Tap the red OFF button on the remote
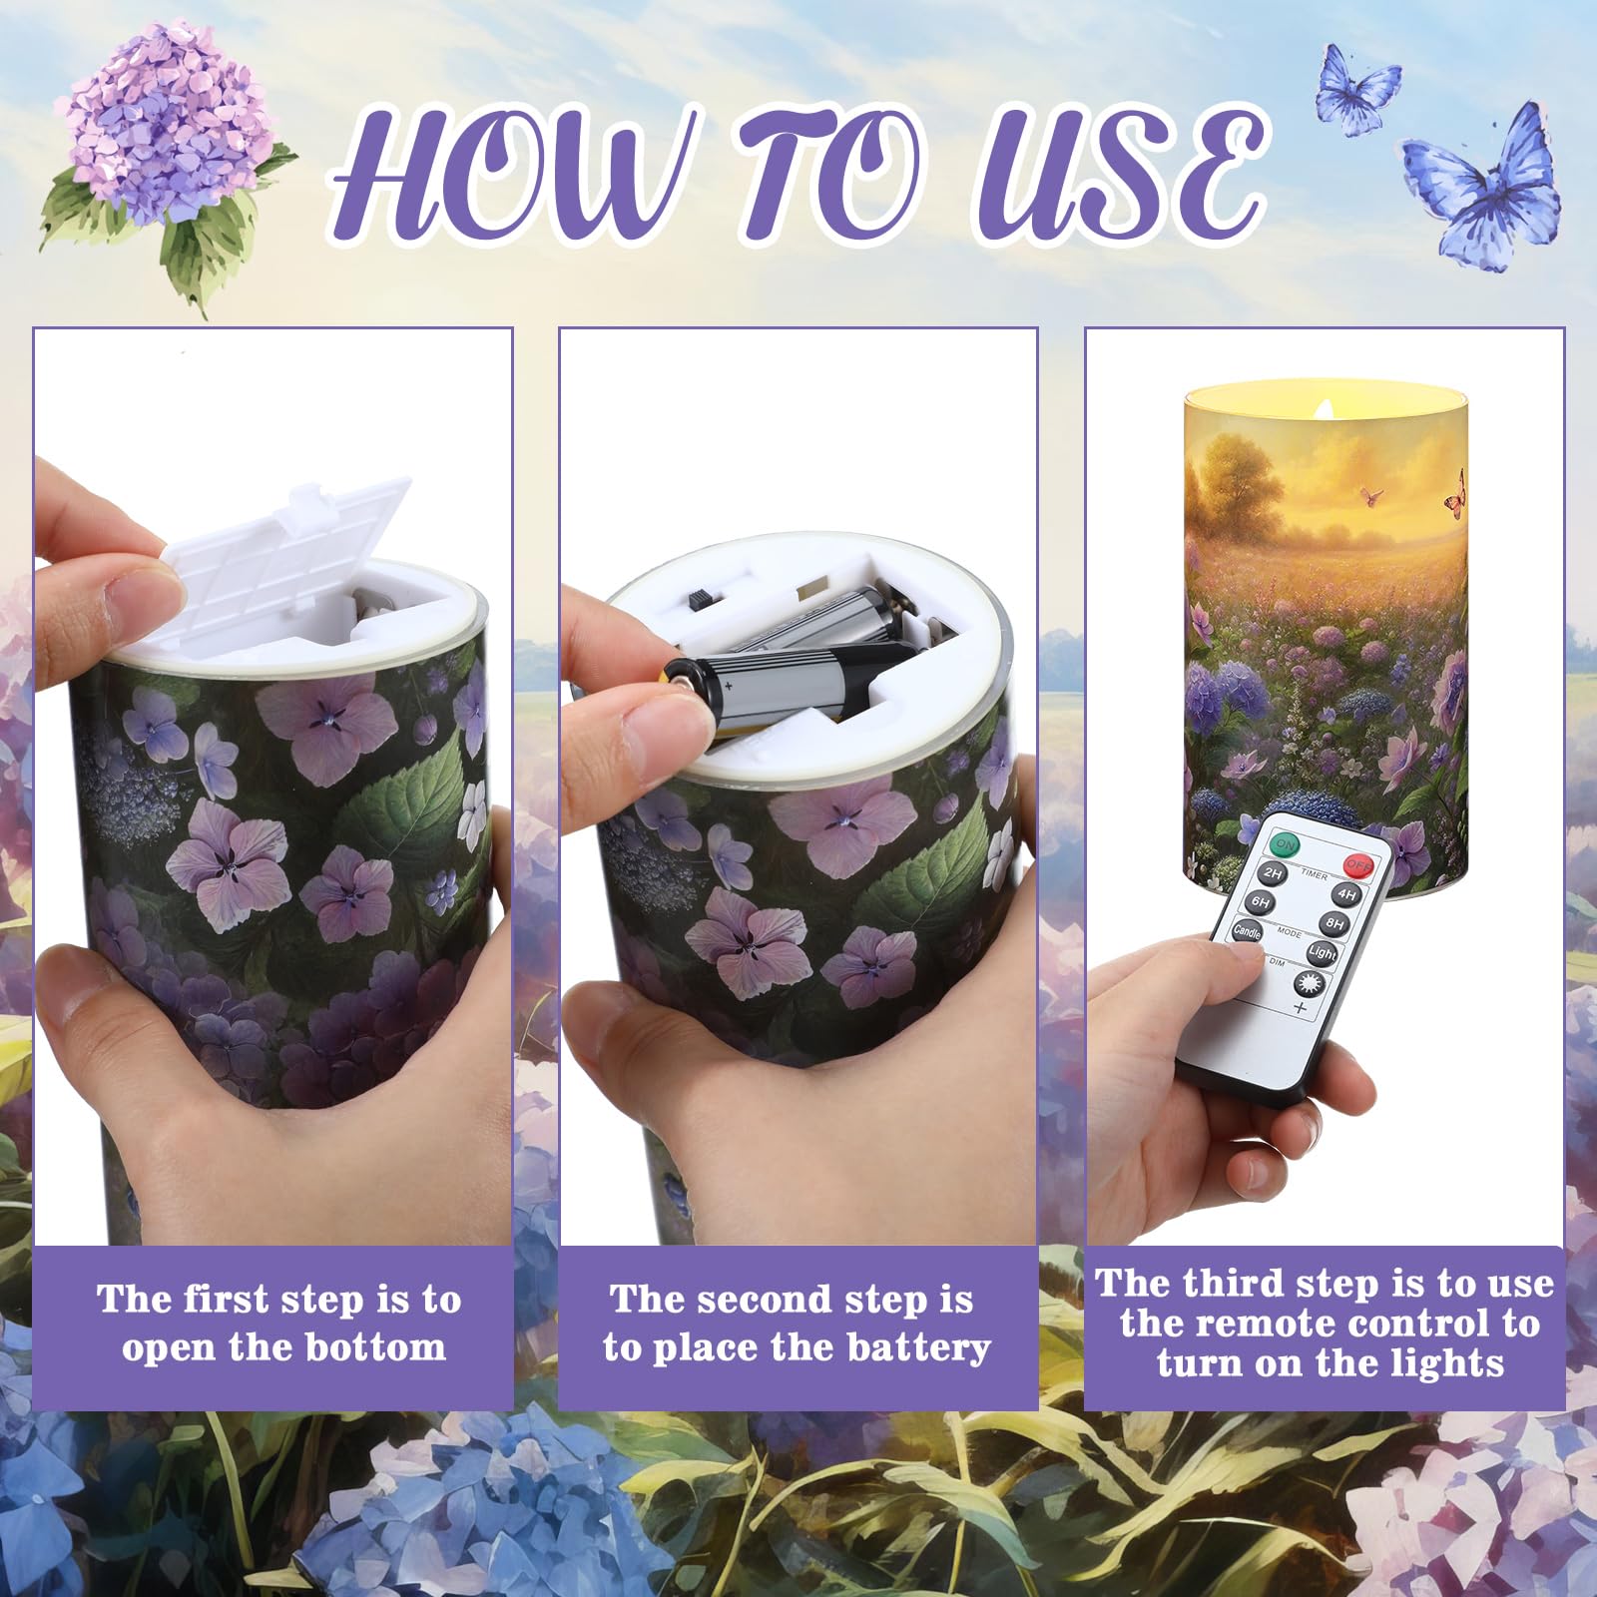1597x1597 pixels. [1357, 864]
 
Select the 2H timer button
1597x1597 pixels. [1273, 873]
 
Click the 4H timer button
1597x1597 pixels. [1347, 894]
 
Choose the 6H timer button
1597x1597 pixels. [1261, 902]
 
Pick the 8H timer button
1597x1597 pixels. [1334, 923]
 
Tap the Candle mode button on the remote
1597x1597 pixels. [1248, 930]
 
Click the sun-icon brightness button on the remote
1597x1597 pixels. [1308, 983]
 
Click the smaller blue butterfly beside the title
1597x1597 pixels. [1356, 88]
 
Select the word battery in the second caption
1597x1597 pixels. [916, 1347]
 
